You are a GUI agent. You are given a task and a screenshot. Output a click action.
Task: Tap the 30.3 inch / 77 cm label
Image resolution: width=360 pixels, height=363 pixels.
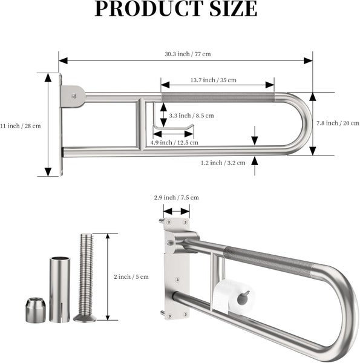coord(187,54)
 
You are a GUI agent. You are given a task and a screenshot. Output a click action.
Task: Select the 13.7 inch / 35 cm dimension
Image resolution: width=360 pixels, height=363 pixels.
coord(213,80)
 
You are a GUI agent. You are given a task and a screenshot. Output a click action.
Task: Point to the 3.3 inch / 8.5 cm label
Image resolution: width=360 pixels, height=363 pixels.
coord(191,115)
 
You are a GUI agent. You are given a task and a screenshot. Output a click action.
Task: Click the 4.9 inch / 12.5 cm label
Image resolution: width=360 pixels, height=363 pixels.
coord(173,142)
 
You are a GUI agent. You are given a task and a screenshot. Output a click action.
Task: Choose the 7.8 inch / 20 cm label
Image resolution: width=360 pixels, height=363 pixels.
coord(338,123)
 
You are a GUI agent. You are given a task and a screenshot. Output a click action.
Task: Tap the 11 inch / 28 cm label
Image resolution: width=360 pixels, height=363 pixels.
coord(21,126)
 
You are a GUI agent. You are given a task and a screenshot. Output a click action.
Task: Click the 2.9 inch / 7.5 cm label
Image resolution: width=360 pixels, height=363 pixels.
coord(176,197)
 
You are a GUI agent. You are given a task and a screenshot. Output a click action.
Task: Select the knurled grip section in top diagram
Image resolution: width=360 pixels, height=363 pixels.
coord(218,96)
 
